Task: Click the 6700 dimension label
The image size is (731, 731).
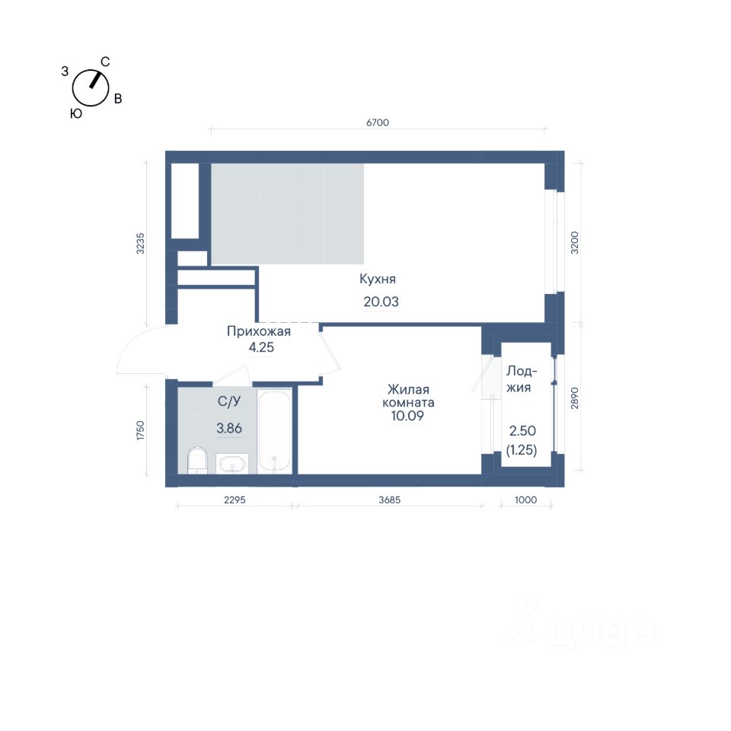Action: pos(377,123)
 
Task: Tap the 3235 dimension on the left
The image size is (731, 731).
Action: pos(140,244)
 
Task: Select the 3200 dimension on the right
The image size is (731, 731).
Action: pos(574,242)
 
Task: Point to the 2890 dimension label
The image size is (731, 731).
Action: pos(574,398)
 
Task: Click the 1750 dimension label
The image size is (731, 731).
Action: pos(140,430)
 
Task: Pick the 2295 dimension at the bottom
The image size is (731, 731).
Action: pos(235,500)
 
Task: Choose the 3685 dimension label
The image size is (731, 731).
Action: pos(389,500)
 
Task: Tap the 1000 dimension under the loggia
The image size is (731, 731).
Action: pos(525,500)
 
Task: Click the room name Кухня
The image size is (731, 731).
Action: pos(378,279)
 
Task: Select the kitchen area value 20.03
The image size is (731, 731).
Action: pos(381,302)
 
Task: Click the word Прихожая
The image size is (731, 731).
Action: pos(259,331)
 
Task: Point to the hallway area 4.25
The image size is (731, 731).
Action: pos(261,347)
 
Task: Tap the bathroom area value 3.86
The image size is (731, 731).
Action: pos(229,428)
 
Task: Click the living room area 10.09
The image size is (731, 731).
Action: pos(407,416)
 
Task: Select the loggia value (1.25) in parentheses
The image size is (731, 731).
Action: pos(522,450)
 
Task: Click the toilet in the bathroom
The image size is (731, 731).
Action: pos(197,461)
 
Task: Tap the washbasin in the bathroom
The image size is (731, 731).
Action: pos(231,464)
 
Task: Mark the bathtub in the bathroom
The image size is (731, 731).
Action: pos(275,431)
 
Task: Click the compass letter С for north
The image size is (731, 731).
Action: pos(105,62)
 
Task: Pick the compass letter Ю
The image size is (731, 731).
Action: pos(76,113)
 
